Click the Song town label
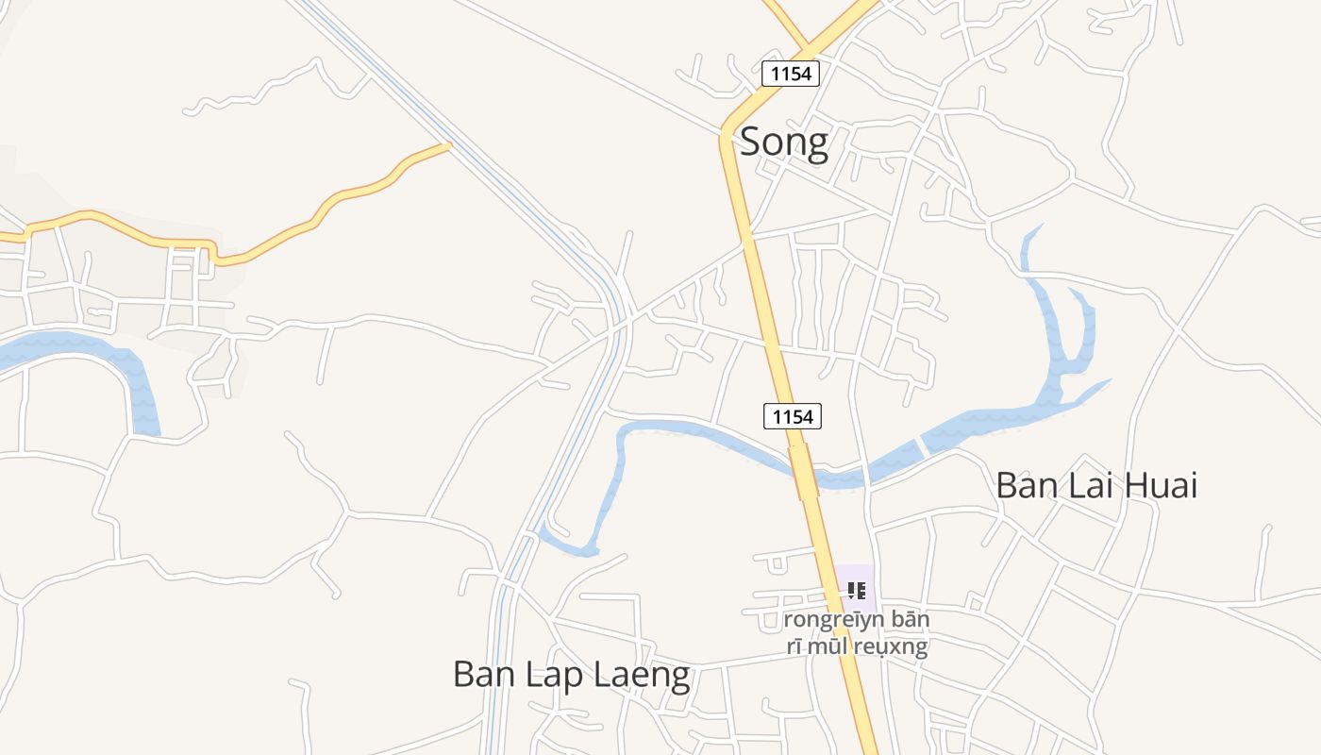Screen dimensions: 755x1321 (784, 142)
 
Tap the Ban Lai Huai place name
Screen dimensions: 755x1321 (1096, 485)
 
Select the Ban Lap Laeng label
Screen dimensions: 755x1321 (572, 675)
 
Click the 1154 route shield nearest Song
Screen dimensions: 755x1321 (791, 73)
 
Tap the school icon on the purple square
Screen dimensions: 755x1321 (856, 591)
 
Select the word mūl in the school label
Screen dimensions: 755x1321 (828, 646)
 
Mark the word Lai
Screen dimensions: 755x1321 (1095, 485)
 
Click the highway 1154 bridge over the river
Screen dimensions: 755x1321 (803, 470)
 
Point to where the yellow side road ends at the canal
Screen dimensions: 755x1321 (448, 144)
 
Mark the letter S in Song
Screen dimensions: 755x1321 (751, 142)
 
